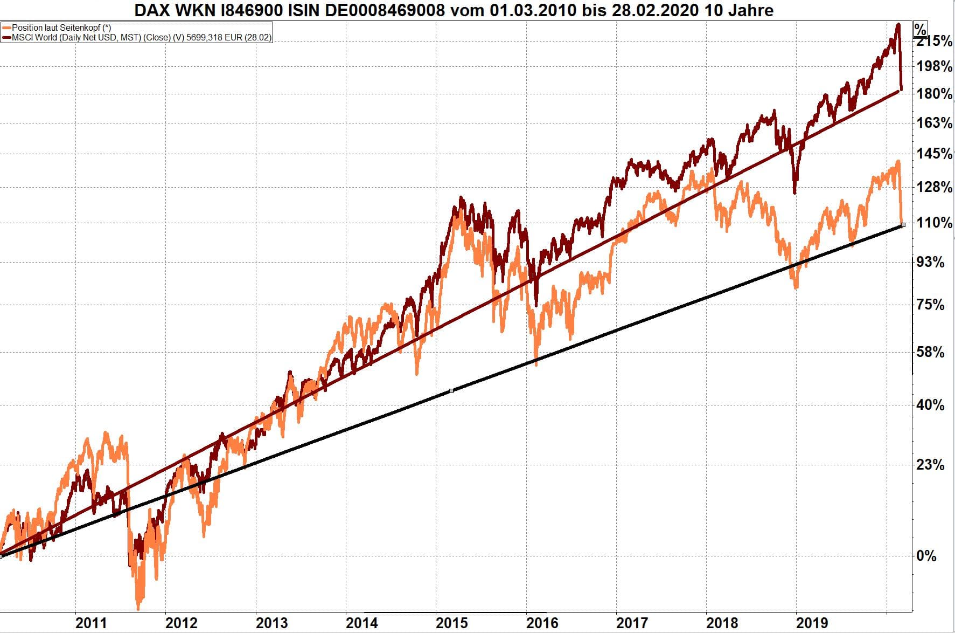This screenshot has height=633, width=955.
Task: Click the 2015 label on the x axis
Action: [x=451, y=623]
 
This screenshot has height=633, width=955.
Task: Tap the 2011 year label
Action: [x=91, y=623]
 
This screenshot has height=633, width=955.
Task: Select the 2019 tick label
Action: [x=812, y=623]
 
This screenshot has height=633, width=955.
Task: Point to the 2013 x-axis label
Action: [x=271, y=623]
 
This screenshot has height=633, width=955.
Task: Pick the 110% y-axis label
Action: [x=934, y=223]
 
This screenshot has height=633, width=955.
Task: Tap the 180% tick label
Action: [x=934, y=94]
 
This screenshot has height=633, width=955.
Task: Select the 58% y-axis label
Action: [x=930, y=353]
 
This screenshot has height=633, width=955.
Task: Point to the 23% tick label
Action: [x=930, y=465]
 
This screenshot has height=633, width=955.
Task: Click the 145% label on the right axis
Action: [x=934, y=154]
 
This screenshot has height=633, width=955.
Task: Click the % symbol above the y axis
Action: [x=921, y=29]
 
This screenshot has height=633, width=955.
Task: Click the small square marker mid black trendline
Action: [x=451, y=390]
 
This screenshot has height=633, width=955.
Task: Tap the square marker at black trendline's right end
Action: [x=903, y=225]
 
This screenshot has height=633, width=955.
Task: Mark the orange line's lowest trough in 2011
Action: [x=138, y=609]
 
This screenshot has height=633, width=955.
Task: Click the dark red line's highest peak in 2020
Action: [x=897, y=24]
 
